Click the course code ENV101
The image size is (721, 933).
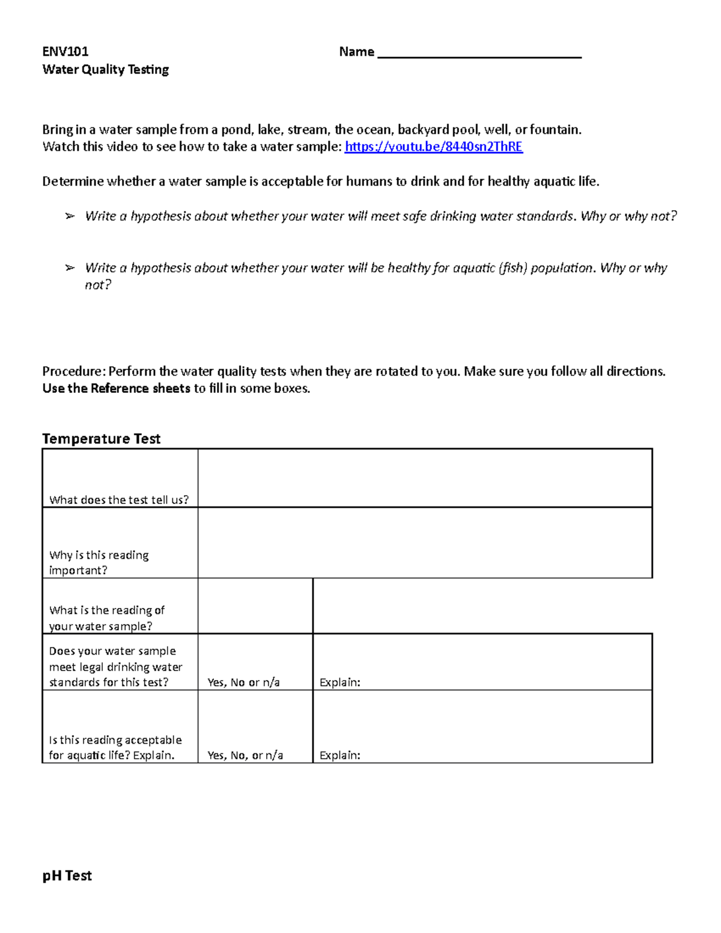65,52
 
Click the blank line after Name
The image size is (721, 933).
479,54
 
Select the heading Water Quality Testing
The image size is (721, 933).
106,70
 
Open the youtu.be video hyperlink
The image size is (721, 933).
433,147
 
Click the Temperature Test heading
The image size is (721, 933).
101,439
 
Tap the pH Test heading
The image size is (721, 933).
67,876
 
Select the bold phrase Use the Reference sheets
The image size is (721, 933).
116,389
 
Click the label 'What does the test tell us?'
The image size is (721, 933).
119,500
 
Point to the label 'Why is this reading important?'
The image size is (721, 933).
99,562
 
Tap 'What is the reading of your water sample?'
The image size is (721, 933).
106,618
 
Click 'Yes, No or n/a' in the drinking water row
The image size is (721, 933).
243,682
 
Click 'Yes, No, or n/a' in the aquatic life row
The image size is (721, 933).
245,756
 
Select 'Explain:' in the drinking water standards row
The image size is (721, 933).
339,682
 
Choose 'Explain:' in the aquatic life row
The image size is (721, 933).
339,756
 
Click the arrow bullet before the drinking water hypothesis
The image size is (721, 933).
70,216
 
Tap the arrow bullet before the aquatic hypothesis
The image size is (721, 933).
70,268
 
